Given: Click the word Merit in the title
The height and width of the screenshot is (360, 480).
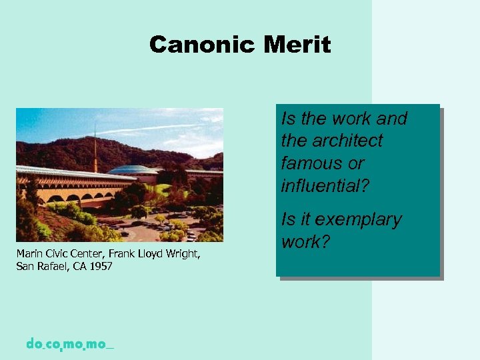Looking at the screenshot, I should pos(297,45).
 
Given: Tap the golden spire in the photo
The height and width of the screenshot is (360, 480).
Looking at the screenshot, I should pos(95,150).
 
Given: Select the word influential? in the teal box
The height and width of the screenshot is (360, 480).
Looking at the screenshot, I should pos(325,185).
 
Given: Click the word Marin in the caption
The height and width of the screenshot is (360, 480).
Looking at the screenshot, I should pos(29,254).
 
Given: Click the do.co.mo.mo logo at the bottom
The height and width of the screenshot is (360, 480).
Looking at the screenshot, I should pos(70,345).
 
